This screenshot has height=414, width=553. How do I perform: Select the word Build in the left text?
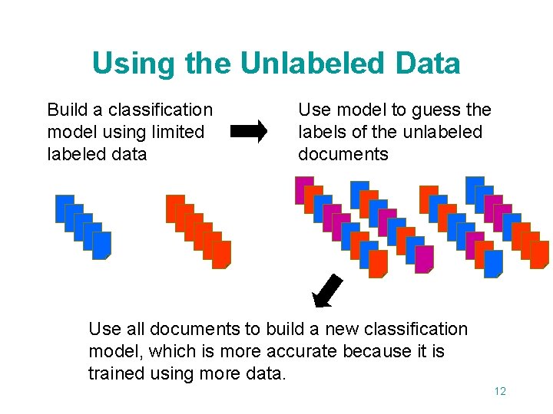click(67, 110)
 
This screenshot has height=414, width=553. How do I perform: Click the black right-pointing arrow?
click(249, 131)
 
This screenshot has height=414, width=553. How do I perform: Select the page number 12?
click(500, 391)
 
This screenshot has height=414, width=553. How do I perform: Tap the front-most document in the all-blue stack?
click(102, 245)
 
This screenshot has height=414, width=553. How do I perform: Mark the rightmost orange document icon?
click(539, 254)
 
